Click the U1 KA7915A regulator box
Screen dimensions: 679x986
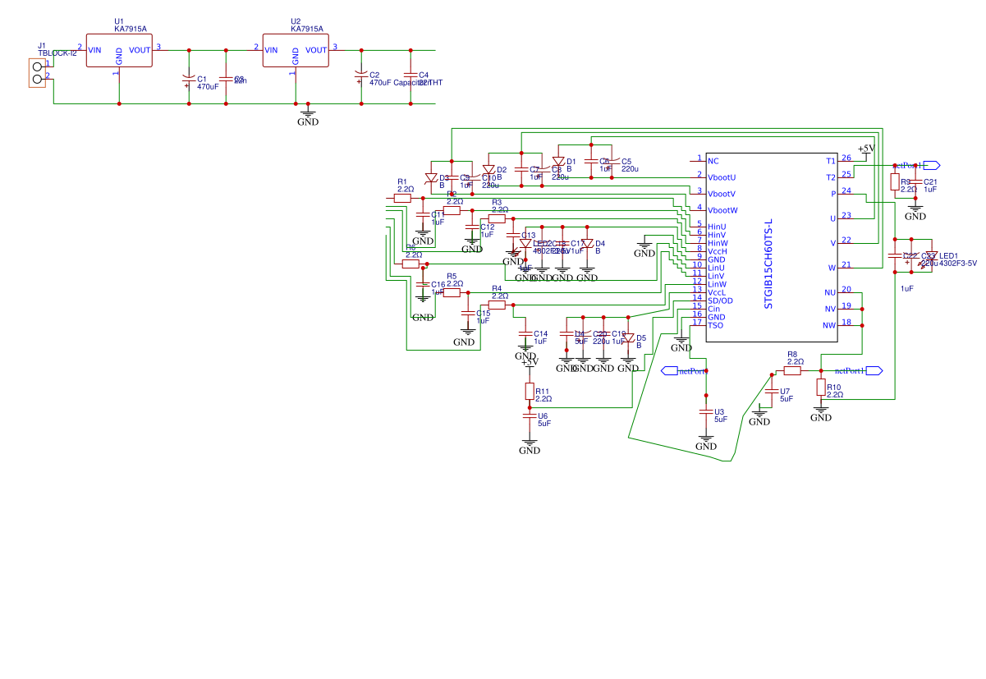119,50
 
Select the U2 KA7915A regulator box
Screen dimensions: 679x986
296,50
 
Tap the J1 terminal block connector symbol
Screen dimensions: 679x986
37,72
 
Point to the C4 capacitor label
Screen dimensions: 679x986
424,75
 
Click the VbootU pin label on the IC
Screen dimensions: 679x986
722,177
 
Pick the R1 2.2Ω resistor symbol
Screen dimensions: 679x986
402,198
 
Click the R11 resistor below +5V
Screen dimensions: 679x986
530,391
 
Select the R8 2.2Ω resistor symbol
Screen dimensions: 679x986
792,370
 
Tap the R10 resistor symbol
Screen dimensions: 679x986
820,388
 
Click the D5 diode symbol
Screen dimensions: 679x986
628,337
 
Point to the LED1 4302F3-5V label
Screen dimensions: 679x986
958,259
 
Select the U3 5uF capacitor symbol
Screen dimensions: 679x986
706,411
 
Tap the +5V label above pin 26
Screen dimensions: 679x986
865,147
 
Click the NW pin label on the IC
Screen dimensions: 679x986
829,325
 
